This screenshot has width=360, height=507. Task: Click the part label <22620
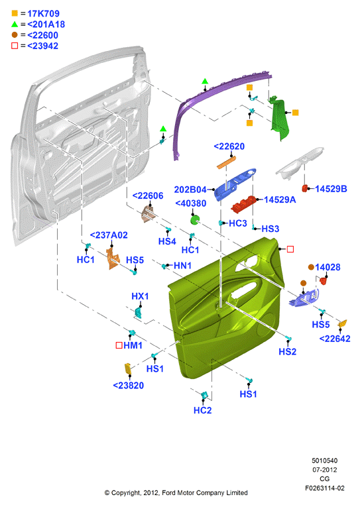[229, 146]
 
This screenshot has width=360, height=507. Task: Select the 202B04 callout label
[190, 190]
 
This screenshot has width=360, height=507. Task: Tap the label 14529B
[331, 189]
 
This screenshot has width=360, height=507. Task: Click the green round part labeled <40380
[195, 220]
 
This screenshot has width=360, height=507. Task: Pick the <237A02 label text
[109, 235]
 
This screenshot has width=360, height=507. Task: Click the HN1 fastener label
[183, 266]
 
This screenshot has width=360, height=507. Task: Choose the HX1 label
[140, 296]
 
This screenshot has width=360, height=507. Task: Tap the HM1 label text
[133, 345]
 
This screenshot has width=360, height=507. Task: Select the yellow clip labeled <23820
[128, 368]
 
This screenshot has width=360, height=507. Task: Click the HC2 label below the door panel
[202, 410]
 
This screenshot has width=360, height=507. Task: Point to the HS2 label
[288, 351]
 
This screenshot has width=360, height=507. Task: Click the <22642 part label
[335, 339]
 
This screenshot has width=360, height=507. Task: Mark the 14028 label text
[328, 267]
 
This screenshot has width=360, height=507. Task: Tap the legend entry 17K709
[43, 13]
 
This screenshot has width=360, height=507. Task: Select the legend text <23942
[42, 46]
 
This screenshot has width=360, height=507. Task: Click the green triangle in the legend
[15, 24]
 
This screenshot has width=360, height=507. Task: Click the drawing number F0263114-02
[325, 488]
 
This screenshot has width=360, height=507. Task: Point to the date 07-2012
[324, 470]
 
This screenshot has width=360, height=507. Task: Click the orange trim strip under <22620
[226, 162]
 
